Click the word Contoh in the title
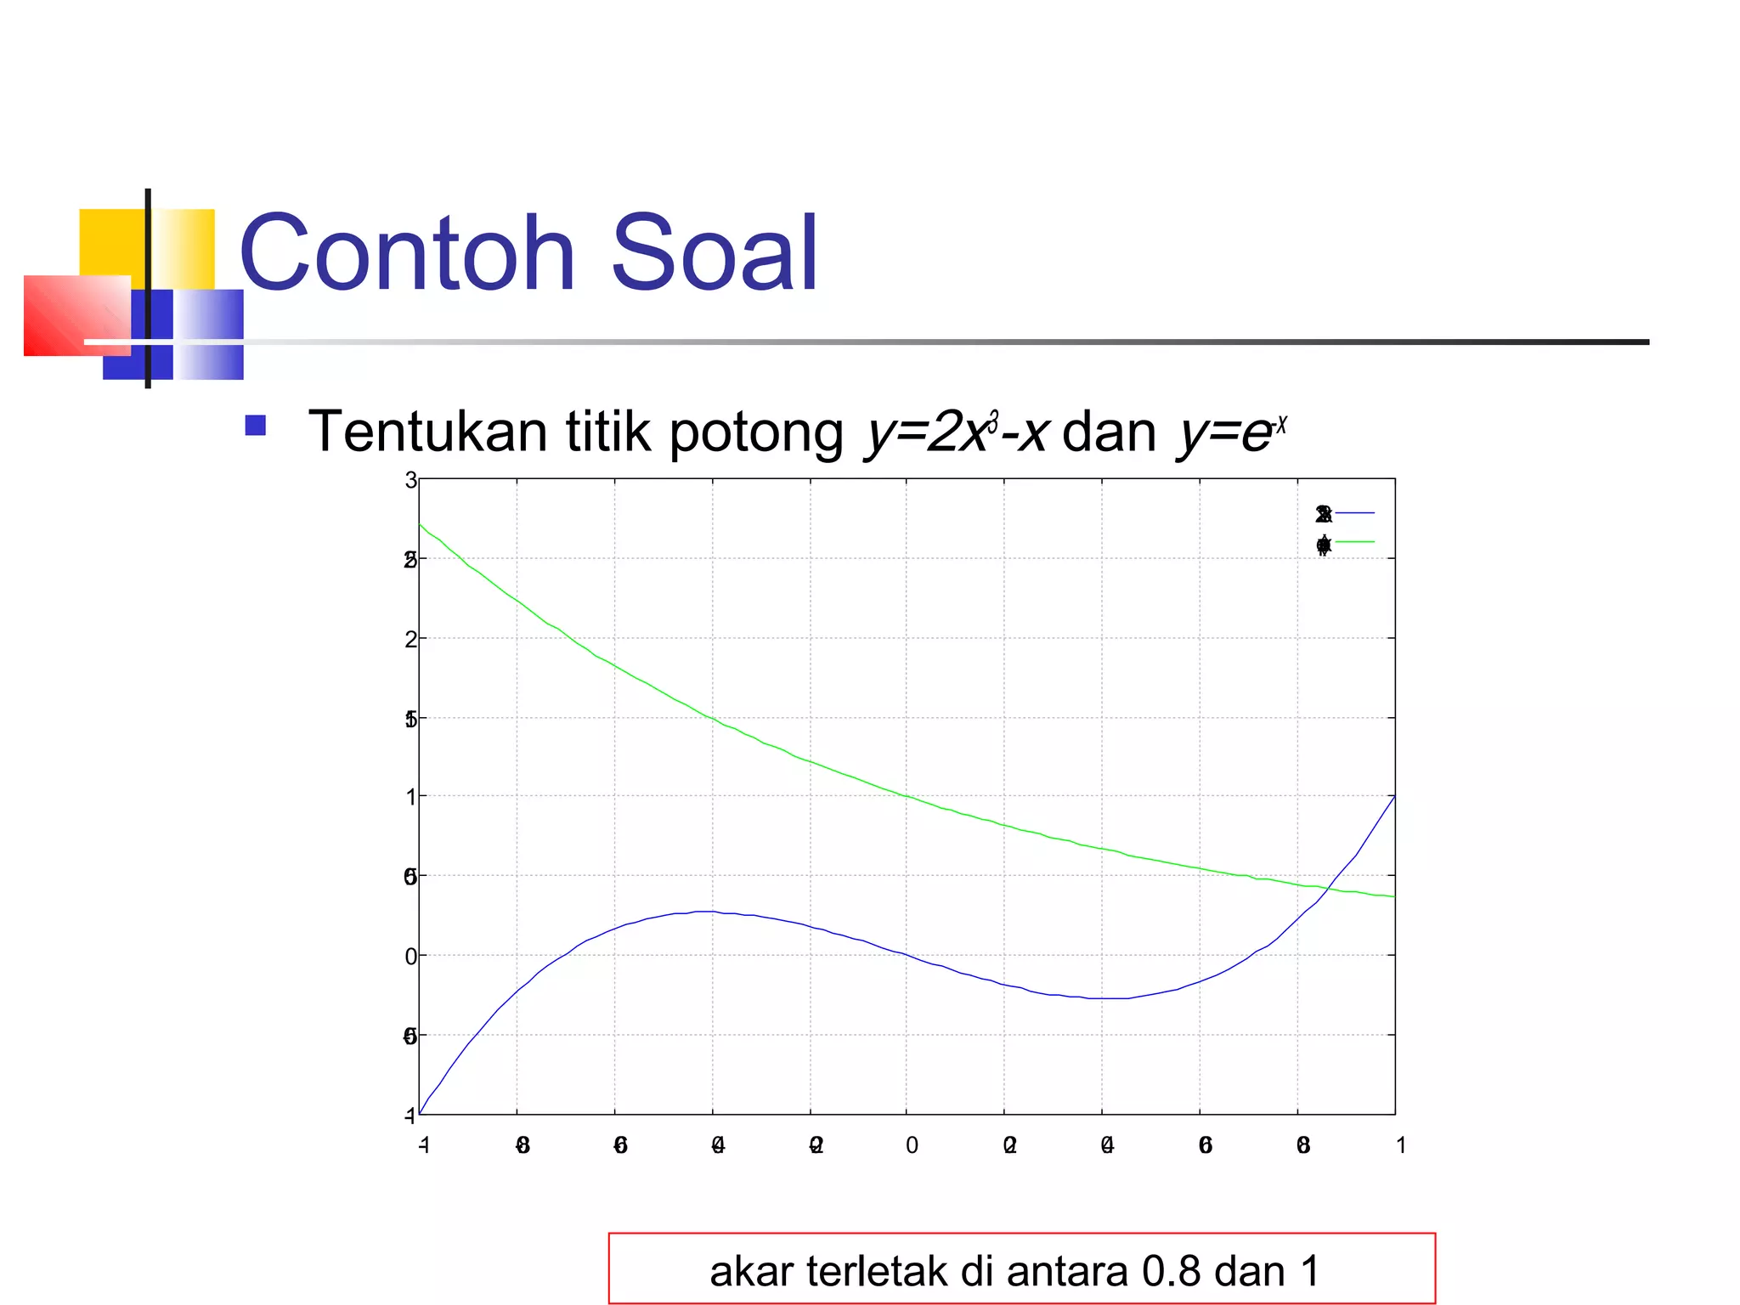[x=408, y=253]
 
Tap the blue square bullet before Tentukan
[x=255, y=425]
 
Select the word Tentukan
[x=427, y=432]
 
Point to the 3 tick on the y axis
[x=411, y=481]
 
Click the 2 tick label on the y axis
[x=411, y=639]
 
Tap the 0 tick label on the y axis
[x=411, y=957]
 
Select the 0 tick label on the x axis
[x=912, y=1145]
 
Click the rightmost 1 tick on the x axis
[x=1401, y=1145]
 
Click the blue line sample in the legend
[x=1355, y=513]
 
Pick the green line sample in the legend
[x=1355, y=542]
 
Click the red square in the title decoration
[x=76, y=315]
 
